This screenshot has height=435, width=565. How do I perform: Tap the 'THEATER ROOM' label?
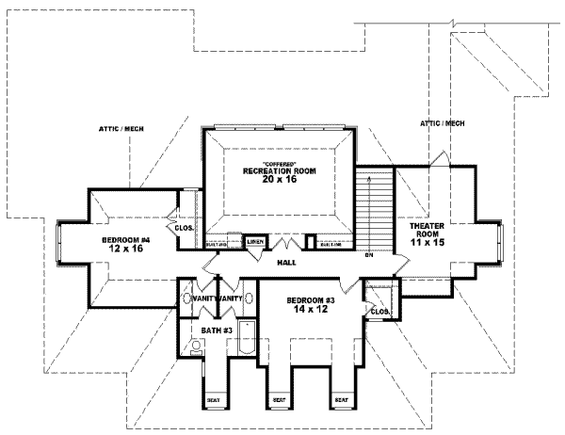[x=427, y=231]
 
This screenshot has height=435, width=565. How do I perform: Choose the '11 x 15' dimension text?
[x=427, y=242]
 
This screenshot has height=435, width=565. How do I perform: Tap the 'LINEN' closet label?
[x=255, y=242]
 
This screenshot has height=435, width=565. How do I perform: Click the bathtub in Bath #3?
[x=247, y=339]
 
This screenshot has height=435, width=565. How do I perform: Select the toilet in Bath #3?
[x=195, y=347]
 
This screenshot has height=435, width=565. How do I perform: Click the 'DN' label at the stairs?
[x=370, y=255]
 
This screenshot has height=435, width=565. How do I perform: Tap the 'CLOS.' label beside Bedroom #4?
[x=183, y=227]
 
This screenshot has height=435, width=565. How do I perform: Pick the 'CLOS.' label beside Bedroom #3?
[x=380, y=311]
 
